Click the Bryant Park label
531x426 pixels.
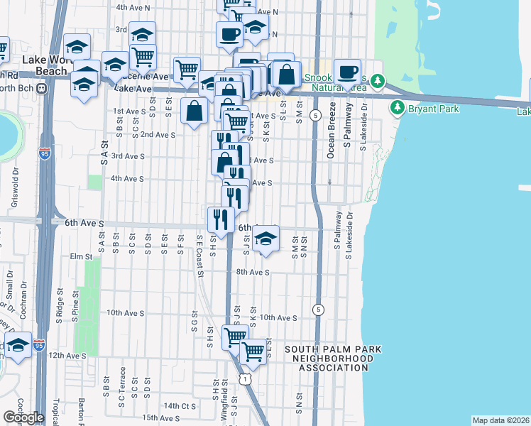[433, 109]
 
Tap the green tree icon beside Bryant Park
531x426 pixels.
[397, 109]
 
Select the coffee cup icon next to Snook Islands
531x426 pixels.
[347, 72]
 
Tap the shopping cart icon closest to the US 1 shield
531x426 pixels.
[253, 351]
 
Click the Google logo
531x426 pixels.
[23, 417]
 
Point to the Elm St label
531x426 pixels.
[81, 256]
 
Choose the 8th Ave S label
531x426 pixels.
[253, 272]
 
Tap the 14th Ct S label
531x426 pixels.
[179, 405]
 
